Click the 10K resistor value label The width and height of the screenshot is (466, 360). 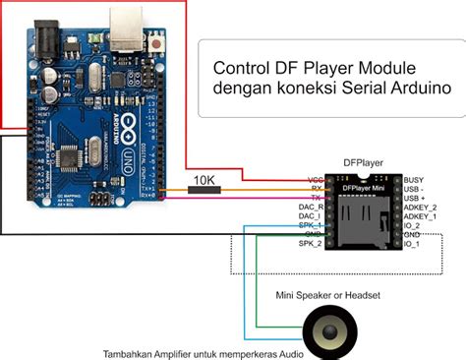click(x=204, y=181)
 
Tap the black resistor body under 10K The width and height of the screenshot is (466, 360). click(x=206, y=194)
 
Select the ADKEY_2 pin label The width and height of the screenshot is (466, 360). click(x=422, y=208)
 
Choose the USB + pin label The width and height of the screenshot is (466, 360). click(x=418, y=199)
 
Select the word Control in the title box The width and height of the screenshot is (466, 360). click(x=242, y=68)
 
